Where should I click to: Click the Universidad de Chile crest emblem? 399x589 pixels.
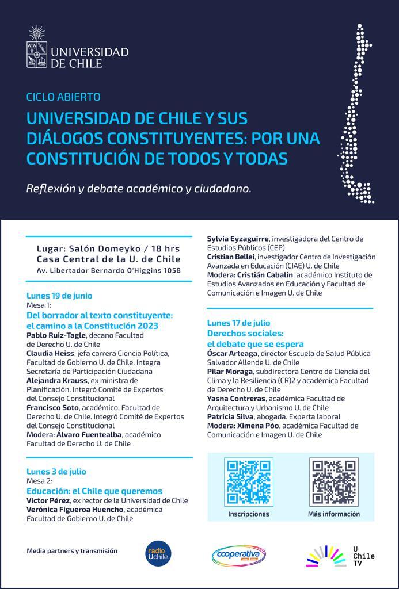pos(37,47)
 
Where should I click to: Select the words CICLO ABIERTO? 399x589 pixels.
pos(63,97)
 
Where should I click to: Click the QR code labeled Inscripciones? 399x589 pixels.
pos(248,481)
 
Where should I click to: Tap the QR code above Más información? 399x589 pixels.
pos(333,481)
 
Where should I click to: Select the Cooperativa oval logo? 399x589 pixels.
pos(238,554)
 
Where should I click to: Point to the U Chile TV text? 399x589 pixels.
pos(363,556)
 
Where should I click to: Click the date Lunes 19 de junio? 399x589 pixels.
pos(59,296)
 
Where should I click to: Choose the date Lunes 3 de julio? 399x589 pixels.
pos(56,472)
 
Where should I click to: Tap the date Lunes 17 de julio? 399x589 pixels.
pos(238,323)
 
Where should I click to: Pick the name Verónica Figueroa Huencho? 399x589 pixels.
pos(75,509)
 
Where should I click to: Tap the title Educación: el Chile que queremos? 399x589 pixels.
pos(94,491)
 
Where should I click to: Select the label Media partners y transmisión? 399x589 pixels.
pos(72,550)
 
